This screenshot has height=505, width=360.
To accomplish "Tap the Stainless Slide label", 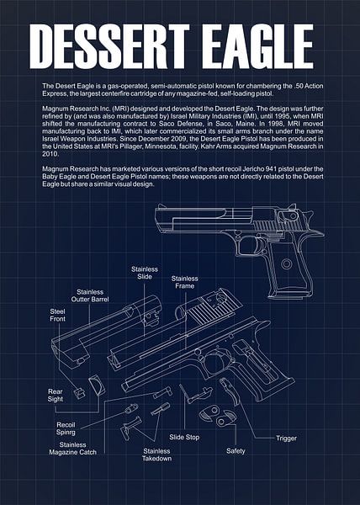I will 144,273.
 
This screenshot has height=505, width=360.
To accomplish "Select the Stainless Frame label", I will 184,282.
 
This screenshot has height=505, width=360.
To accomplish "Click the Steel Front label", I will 62,315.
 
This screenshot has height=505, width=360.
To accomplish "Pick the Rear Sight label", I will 56,396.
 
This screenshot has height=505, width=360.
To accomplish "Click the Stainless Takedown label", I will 156,454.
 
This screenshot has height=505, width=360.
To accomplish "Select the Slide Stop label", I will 184,438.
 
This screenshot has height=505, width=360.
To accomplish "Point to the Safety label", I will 236,451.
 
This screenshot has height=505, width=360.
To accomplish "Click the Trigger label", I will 286,438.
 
